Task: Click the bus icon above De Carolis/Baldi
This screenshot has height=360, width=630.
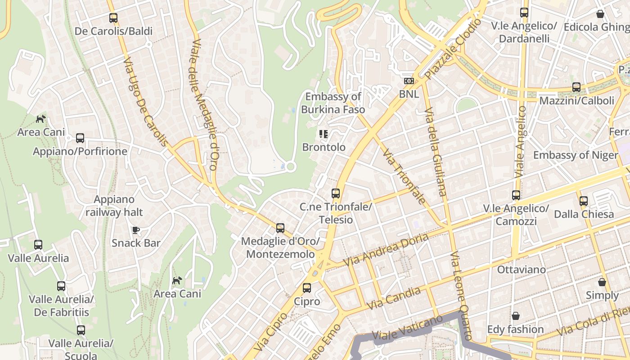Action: (x=113, y=18)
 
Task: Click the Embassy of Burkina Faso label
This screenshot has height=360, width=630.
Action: (x=333, y=103)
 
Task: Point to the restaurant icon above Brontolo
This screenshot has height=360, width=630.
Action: (x=323, y=134)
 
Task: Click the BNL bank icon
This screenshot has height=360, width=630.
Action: (x=409, y=81)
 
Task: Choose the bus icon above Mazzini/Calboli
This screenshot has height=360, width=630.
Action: (x=576, y=87)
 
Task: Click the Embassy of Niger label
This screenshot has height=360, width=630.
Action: (x=576, y=155)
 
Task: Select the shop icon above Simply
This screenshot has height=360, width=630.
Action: (x=602, y=282)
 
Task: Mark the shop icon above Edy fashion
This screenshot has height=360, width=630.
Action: (x=516, y=316)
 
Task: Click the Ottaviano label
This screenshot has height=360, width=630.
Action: (x=521, y=270)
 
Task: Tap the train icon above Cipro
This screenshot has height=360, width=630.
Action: (x=307, y=288)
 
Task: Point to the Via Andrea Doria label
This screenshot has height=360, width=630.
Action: (x=385, y=250)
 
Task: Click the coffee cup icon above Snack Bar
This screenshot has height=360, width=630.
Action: (x=136, y=230)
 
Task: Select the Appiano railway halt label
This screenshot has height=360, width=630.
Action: (x=114, y=206)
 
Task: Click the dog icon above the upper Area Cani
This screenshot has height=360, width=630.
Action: (x=41, y=119)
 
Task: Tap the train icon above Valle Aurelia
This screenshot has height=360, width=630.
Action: (x=38, y=245)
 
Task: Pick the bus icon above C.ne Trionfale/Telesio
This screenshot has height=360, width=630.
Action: (x=336, y=193)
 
